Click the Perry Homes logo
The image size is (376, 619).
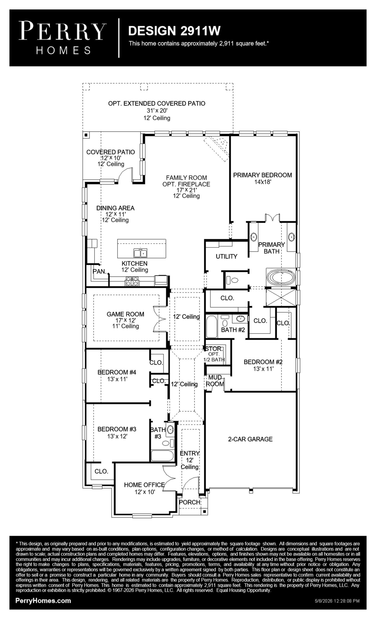[62, 38]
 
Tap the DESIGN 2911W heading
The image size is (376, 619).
[174, 31]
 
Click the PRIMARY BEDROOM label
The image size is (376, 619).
[262, 175]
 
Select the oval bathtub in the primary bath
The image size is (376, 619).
[281, 277]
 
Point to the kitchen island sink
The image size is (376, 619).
[140, 253]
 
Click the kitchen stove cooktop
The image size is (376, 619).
[132, 281]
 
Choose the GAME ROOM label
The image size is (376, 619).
[125, 314]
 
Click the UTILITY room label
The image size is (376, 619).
[227, 256]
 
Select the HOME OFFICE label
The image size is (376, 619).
[144, 485]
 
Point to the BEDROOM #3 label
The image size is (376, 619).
[117, 429]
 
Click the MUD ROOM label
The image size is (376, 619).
[215, 381]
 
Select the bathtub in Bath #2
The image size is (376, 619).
[212, 327]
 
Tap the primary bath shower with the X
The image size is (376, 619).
[281, 298]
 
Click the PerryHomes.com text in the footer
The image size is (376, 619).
[43, 600]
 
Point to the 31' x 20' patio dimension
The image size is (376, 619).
[157, 111]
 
